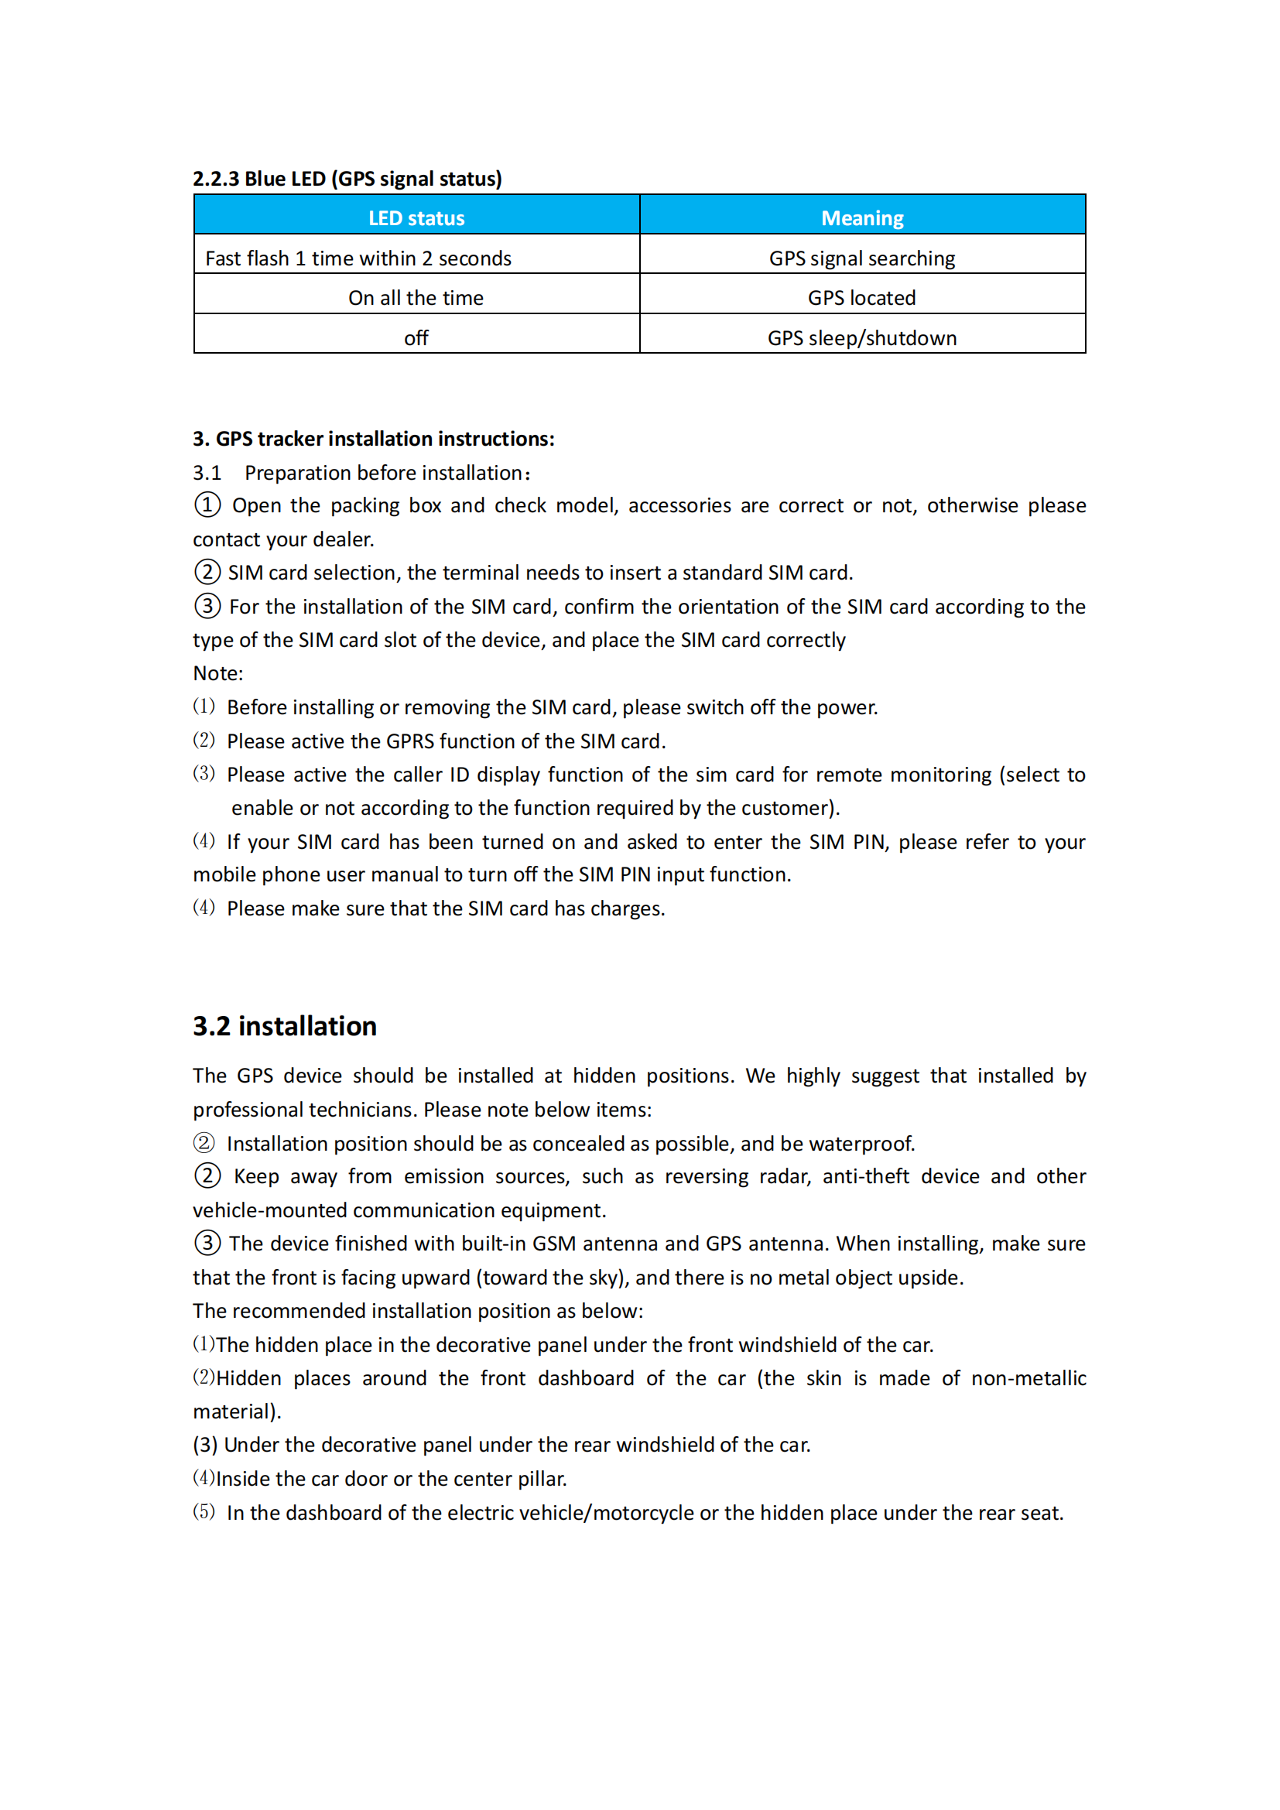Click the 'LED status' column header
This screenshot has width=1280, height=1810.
416,218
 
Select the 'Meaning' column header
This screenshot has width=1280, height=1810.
862,218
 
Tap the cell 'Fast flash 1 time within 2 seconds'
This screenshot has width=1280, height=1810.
358,258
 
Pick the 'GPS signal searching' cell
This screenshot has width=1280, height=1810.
861,258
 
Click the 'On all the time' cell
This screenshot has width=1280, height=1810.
416,298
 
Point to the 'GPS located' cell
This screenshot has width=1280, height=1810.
861,298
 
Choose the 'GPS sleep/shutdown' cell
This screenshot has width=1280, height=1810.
862,338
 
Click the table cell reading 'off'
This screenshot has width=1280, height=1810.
416,338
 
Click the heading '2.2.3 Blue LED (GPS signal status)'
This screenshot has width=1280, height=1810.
347,179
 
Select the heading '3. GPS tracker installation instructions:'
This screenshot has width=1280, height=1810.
374,439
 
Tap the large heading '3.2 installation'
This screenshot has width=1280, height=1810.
285,1026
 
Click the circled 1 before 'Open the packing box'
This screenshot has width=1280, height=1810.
207,505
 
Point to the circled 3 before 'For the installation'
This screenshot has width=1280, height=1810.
207,606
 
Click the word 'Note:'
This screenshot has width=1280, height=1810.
218,673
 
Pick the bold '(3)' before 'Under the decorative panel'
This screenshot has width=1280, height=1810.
205,1445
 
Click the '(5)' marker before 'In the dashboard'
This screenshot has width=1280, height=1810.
204,1512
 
